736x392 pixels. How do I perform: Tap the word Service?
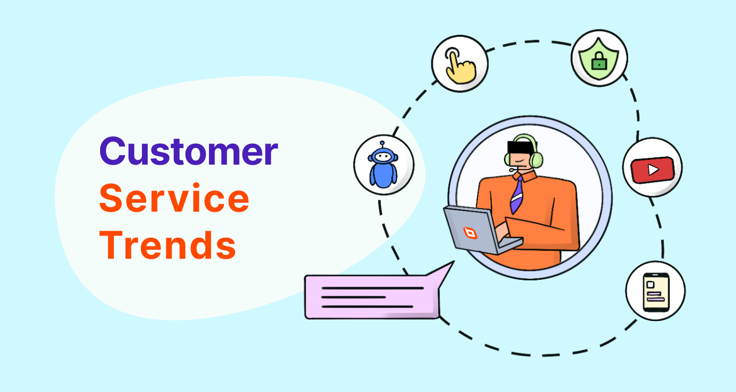coord(174,199)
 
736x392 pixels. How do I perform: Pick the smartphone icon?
coord(655,291)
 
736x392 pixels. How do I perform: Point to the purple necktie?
coord(517,194)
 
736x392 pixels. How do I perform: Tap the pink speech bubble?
coord(371,297)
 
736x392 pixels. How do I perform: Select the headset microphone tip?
coord(512,170)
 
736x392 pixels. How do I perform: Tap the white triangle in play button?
coord(653,169)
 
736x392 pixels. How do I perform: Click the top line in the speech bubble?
coord(371,288)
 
